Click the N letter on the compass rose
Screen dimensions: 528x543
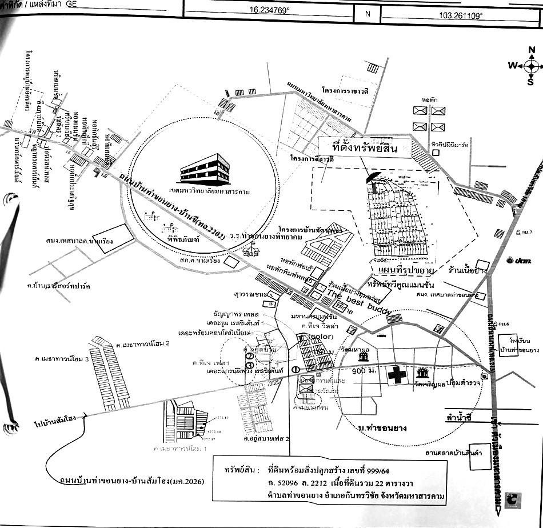pos(532,50)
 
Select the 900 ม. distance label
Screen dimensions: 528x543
pos(365,371)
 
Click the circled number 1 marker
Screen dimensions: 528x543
pos(296,369)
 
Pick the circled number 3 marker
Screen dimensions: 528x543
pos(250,365)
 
